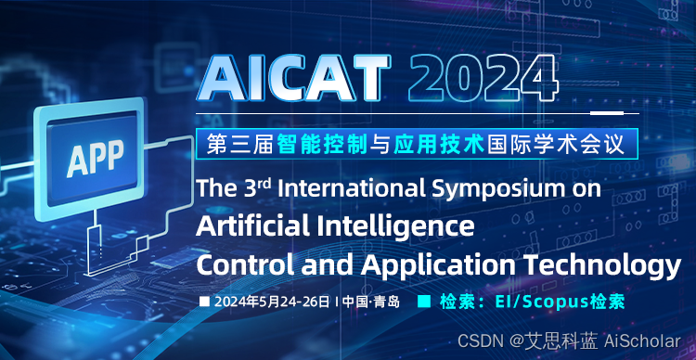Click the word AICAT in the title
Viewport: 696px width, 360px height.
[295, 79]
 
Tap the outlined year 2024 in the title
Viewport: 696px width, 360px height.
[483, 78]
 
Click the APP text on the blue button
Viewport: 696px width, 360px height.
[95, 158]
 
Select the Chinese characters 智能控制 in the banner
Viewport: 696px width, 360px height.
[322, 144]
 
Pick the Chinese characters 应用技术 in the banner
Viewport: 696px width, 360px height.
[439, 144]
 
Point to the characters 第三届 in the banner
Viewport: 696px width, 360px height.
[240, 144]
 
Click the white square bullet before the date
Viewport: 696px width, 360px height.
[205, 302]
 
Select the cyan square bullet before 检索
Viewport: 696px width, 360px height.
[425, 302]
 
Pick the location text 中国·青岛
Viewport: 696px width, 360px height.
[372, 302]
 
